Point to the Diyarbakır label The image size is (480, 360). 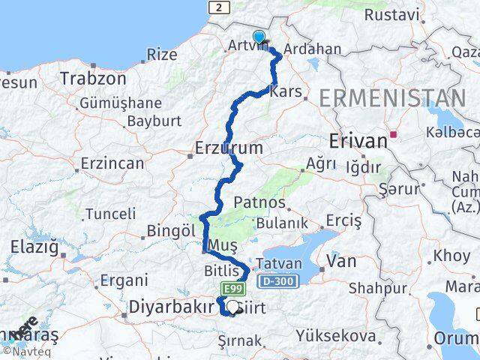[167, 307]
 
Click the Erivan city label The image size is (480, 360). [355, 140]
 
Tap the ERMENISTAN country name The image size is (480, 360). [392, 98]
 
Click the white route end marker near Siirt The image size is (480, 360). [233, 307]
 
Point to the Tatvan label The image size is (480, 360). [278, 264]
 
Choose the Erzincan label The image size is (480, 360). [112, 163]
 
